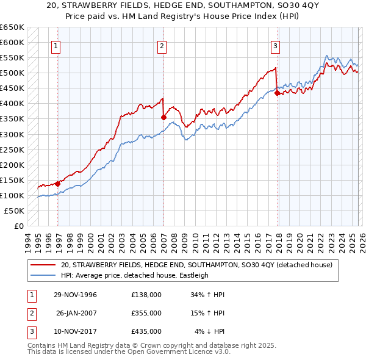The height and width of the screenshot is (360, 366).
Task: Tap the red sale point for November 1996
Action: [x=58, y=183]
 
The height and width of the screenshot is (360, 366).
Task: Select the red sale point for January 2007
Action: [x=163, y=117]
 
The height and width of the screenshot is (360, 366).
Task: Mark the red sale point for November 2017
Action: [x=277, y=93]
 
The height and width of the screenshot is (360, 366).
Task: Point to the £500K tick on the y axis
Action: [x=13, y=73]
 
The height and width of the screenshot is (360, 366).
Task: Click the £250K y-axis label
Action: [x=13, y=149]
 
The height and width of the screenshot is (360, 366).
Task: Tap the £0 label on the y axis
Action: [x=19, y=226]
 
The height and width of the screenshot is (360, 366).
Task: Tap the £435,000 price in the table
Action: [x=146, y=331]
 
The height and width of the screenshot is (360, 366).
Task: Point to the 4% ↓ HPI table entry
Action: [x=210, y=331]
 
